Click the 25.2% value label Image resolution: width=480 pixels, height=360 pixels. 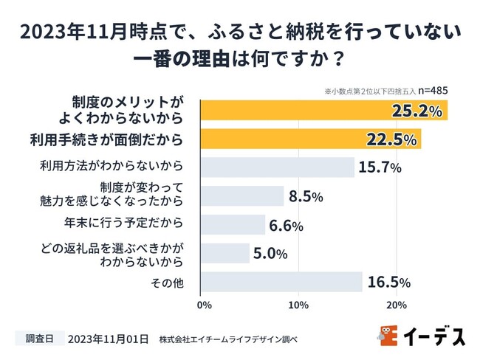coord(416,111)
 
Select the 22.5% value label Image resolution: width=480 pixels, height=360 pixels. coord(390,139)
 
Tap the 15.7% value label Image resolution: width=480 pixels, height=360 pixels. coord(380,167)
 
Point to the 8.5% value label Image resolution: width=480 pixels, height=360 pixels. coord(306,196)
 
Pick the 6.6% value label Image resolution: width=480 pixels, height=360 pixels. coord(287,226)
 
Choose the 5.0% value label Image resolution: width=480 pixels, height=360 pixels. coord(272,254)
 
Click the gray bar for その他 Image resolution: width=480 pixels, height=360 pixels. coord(281,283)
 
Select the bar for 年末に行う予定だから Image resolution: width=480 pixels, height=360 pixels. coord(233,225)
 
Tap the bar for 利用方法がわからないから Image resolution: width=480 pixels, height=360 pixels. coord(278,167)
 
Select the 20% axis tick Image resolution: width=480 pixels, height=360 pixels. coord(397,304)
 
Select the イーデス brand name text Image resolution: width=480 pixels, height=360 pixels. coord(434,336)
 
